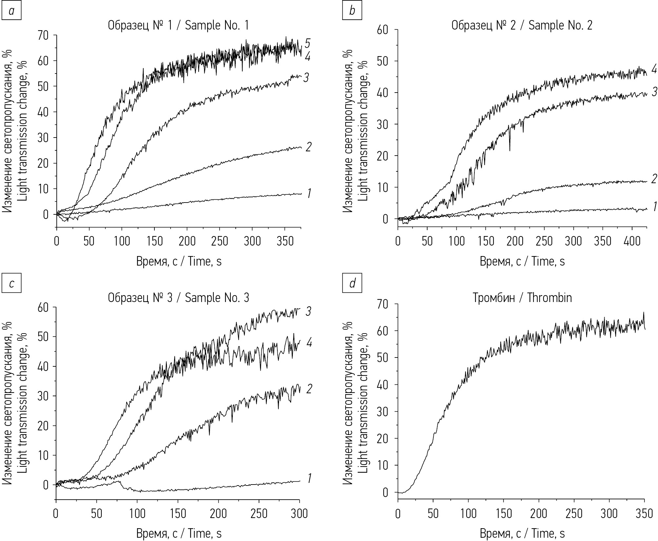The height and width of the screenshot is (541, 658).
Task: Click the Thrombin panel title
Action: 522,298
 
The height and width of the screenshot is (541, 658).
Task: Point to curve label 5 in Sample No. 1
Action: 307,43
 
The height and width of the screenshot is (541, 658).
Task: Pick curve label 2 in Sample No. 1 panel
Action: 308,147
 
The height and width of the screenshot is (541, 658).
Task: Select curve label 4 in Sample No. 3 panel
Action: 309,343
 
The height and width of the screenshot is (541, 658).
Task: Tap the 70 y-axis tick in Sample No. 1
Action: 43,35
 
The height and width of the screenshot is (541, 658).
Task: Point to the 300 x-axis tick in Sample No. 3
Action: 299,513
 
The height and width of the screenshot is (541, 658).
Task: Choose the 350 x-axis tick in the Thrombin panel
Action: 644,513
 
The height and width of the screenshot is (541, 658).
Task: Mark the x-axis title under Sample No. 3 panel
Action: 179,533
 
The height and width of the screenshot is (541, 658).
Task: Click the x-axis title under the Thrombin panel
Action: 522,533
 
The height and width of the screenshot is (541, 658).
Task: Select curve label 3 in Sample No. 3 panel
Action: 308,312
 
